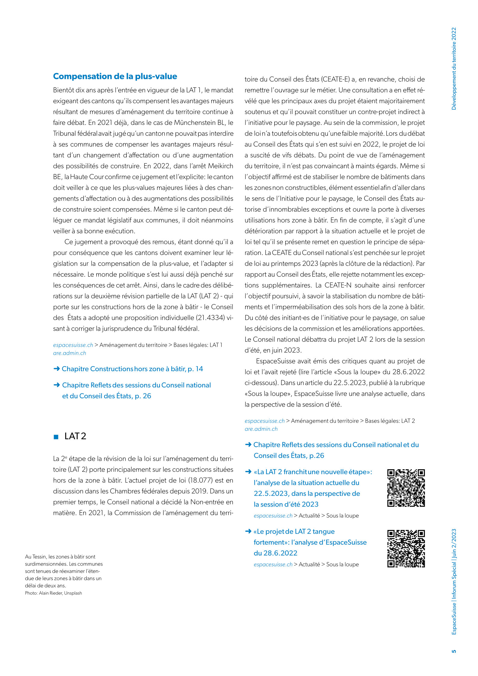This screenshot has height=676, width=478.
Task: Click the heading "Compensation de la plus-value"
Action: (x=115, y=76)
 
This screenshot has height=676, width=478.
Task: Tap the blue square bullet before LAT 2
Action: (x=56, y=437)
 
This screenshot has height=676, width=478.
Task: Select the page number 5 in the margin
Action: (x=454, y=651)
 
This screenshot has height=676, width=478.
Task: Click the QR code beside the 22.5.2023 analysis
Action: (x=406, y=488)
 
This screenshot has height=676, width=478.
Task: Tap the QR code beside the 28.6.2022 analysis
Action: (x=406, y=549)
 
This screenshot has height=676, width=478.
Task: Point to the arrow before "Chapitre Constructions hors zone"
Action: (x=56, y=369)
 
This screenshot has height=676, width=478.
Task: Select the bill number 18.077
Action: (x=200, y=480)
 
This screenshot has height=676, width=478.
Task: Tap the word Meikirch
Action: (x=221, y=166)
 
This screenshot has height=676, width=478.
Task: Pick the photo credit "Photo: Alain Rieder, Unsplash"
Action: (x=54, y=593)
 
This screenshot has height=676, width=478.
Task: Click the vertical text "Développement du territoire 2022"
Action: (x=454, y=69)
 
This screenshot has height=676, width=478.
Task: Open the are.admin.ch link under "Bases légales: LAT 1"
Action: (x=70, y=353)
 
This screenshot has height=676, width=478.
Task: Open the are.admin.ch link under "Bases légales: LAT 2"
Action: (x=261, y=429)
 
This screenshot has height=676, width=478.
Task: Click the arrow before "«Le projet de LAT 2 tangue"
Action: (x=248, y=531)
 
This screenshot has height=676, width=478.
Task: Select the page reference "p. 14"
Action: (x=195, y=369)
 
